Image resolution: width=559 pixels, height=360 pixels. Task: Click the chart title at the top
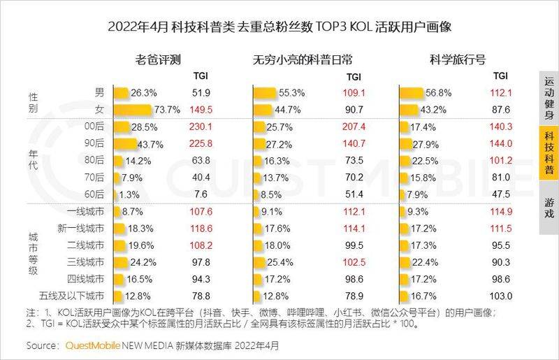tap(279, 27)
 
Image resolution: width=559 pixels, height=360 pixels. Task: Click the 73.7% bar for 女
tap(133, 109)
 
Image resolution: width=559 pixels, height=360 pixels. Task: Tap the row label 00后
tap(94, 127)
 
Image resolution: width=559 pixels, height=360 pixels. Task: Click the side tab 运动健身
tap(549, 99)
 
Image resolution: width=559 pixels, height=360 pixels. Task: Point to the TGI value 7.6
tap(199, 194)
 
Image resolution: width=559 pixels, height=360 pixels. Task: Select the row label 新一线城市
tap(83, 228)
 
